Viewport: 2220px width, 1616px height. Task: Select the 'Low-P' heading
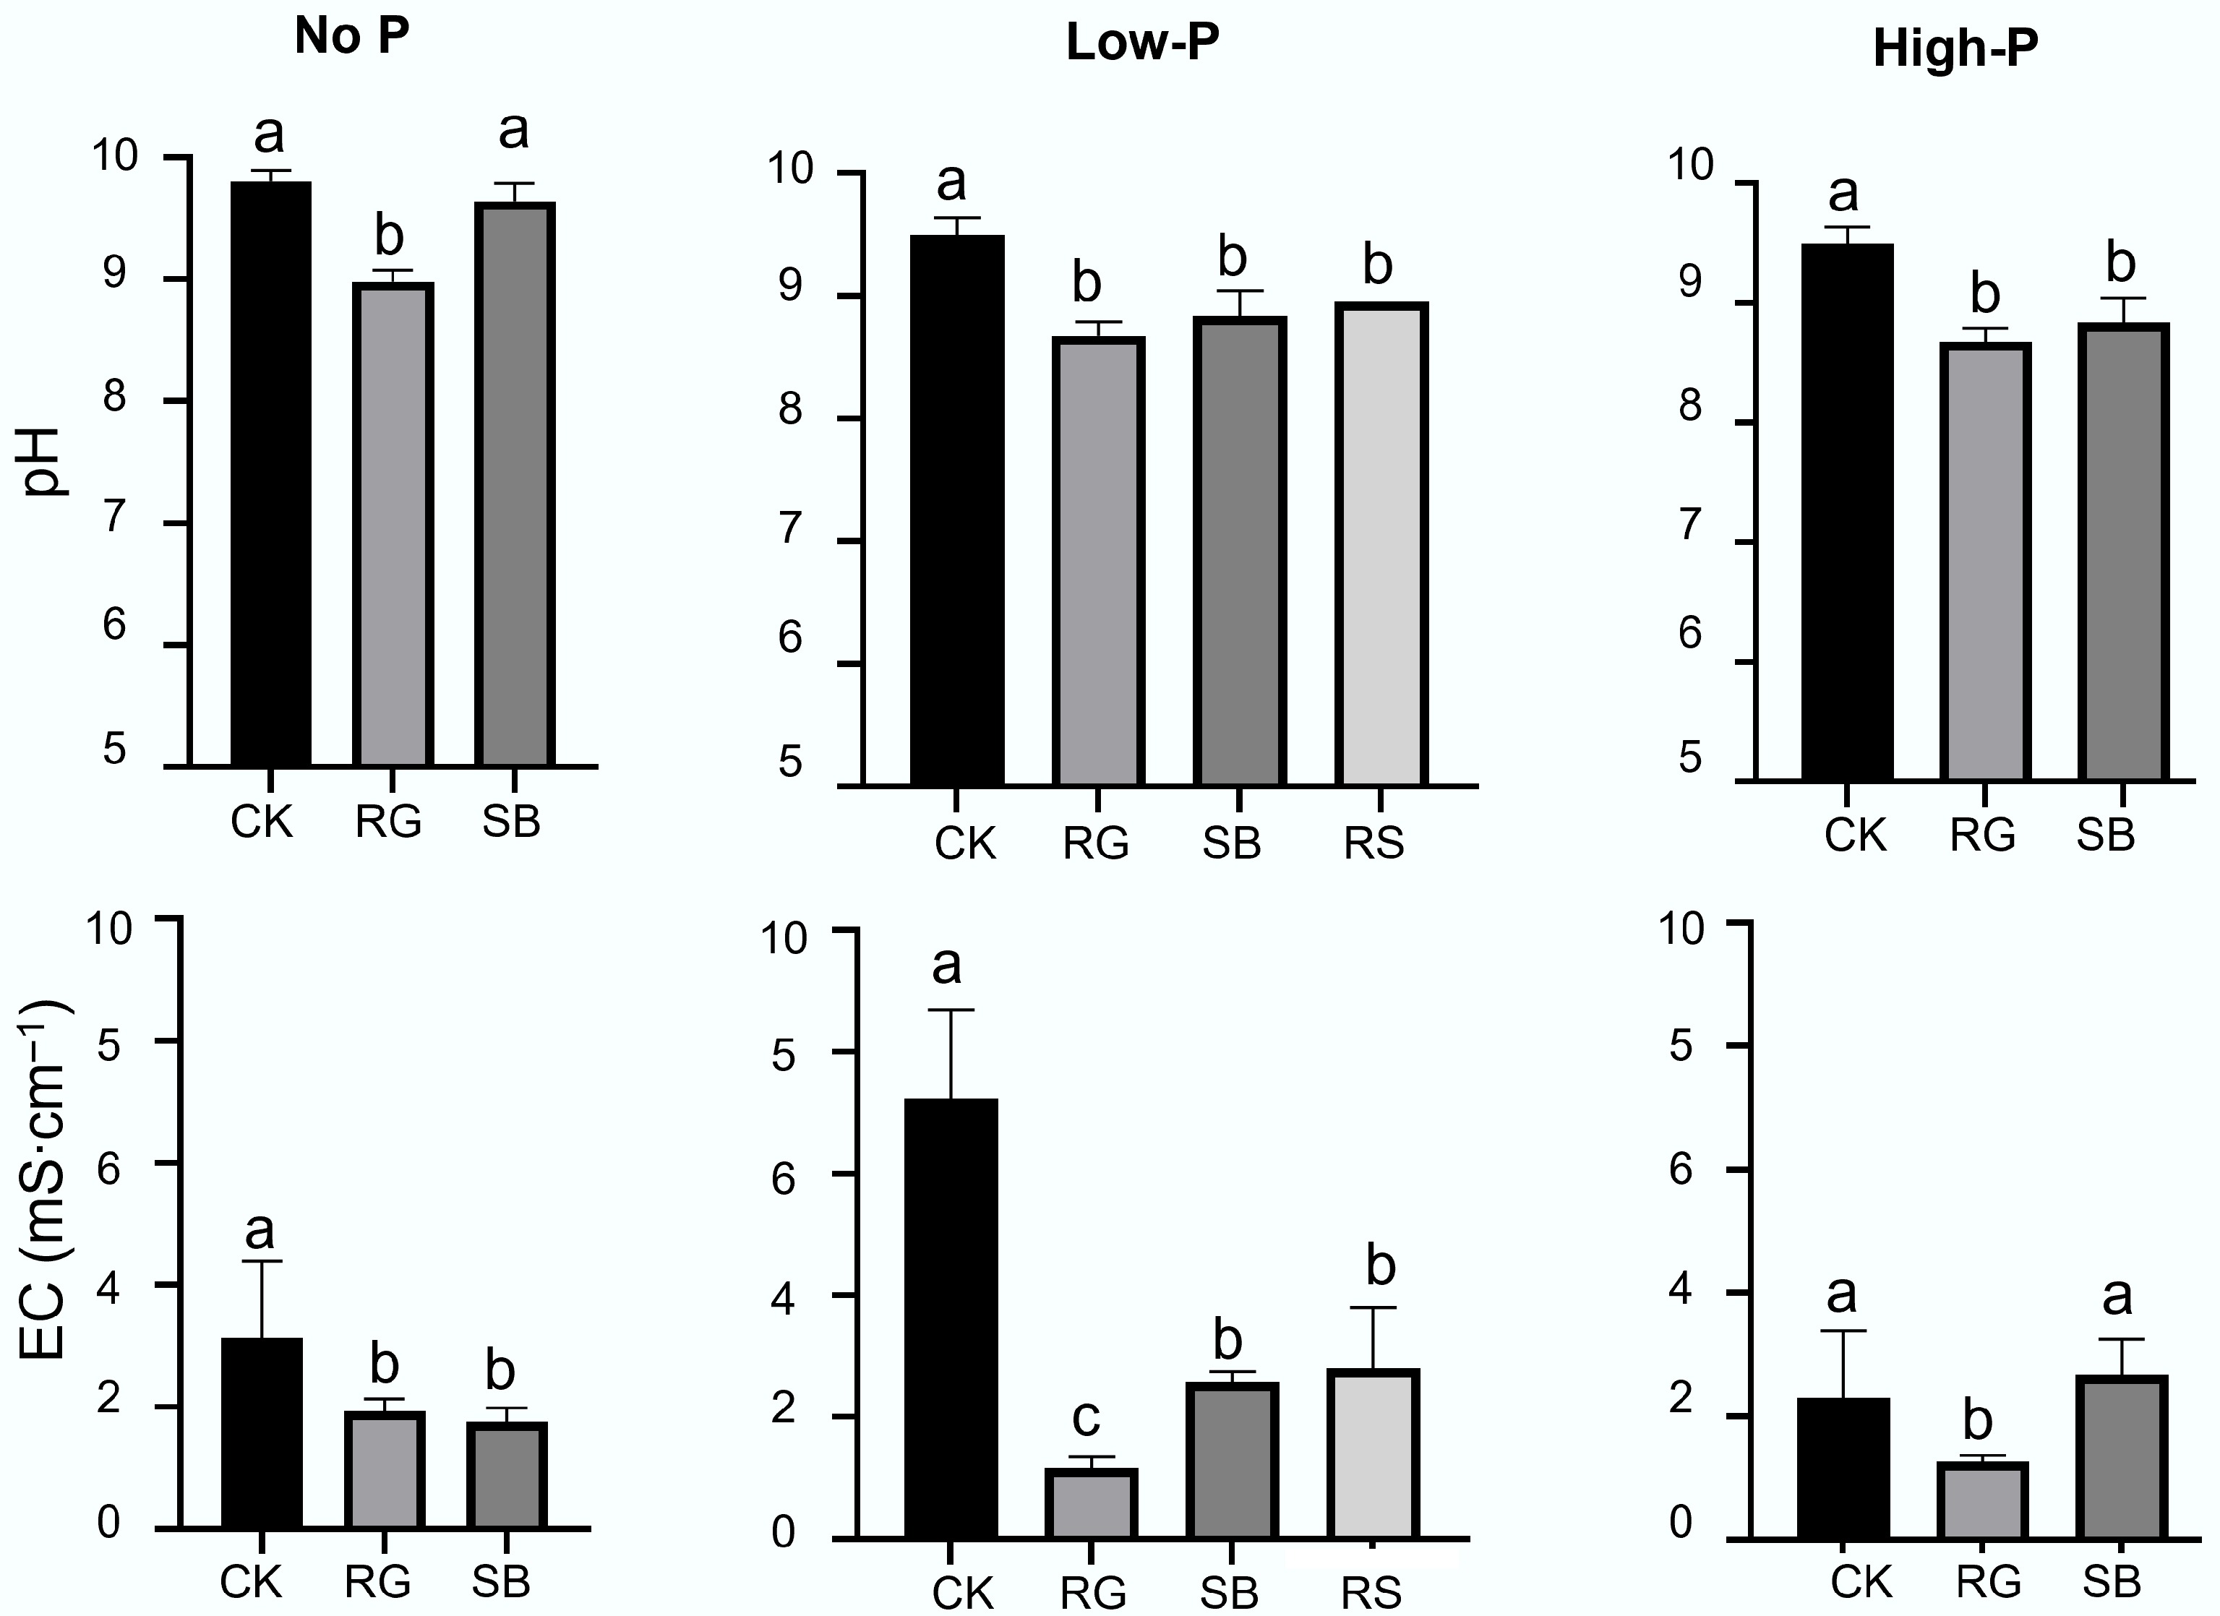point(1142,44)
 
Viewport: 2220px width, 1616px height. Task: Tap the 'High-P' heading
point(1955,49)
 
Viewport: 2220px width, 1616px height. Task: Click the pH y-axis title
point(43,462)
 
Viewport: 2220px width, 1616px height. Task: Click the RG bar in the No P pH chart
point(393,524)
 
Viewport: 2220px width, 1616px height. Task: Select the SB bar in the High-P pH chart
point(2123,552)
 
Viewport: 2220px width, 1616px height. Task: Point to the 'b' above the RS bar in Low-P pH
point(1377,265)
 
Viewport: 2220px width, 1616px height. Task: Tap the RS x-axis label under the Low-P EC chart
point(1372,1592)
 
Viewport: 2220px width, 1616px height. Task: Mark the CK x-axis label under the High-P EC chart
point(1861,1582)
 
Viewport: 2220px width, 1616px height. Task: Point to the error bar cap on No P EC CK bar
point(262,1262)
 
